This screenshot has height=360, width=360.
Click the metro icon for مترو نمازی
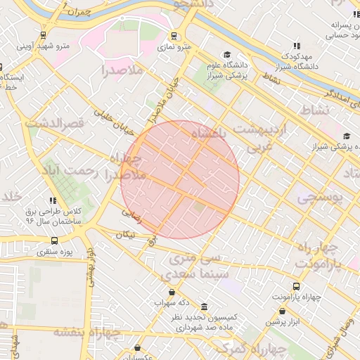click(x=174, y=37)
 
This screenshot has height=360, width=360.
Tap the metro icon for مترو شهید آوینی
click(x=44, y=36)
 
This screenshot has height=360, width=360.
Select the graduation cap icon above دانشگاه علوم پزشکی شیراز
click(x=227, y=55)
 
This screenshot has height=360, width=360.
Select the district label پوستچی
click(x=319, y=199)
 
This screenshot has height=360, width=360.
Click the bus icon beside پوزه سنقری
click(x=55, y=241)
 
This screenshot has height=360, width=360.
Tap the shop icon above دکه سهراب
click(x=172, y=292)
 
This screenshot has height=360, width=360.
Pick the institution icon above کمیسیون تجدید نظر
click(x=204, y=307)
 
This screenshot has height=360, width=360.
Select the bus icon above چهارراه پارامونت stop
click(x=295, y=287)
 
